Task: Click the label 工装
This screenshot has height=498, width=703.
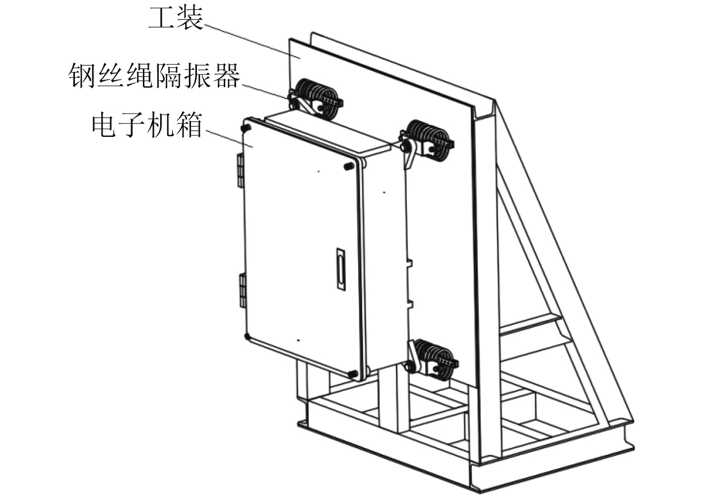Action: (x=176, y=19)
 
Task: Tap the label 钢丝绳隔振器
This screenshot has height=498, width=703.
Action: (x=154, y=76)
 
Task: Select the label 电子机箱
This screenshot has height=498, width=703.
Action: (x=147, y=125)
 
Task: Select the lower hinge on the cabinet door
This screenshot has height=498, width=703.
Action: (x=243, y=290)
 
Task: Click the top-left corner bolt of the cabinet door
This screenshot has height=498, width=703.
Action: (x=245, y=128)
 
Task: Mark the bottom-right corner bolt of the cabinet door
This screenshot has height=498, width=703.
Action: (x=353, y=373)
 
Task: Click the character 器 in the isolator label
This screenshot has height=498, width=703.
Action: (x=227, y=76)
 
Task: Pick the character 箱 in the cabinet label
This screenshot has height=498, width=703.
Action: (x=189, y=125)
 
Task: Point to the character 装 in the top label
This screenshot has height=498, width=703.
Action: (x=190, y=19)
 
